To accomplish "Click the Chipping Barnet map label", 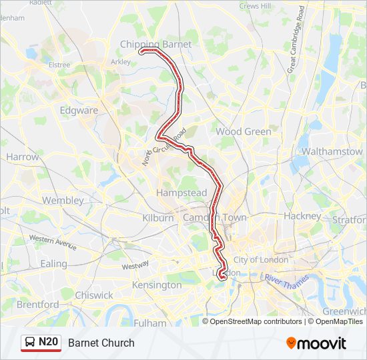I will (x=155, y=44).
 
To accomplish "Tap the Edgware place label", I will (x=79, y=111).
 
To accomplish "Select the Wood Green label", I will (x=243, y=131).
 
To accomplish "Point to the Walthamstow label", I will (x=332, y=151).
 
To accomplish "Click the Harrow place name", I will (x=23, y=157).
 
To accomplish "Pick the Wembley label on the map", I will (x=63, y=200).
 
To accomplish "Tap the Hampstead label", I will (x=181, y=193).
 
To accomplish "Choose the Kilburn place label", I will (x=158, y=218).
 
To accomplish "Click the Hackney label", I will (x=302, y=216).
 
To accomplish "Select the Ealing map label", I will (x=53, y=263).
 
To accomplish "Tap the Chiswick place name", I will (x=94, y=295).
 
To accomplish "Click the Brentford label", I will (x=37, y=305).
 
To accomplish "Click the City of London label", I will (x=261, y=259).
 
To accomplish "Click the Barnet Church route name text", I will (x=101, y=343).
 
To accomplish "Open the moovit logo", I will (x=316, y=343).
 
